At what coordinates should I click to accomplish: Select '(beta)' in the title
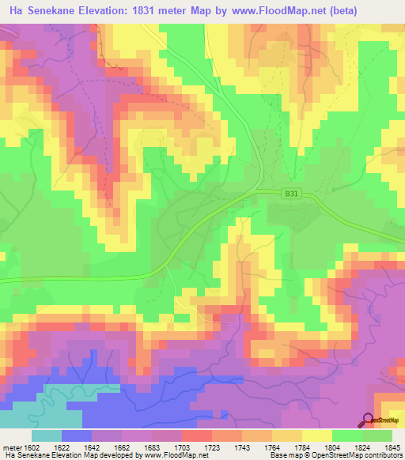(x=334, y=11)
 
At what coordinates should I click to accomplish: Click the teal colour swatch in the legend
(x=47, y=435)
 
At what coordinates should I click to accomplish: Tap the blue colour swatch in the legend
(x=77, y=435)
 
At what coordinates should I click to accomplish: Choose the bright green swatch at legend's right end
(x=377, y=435)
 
